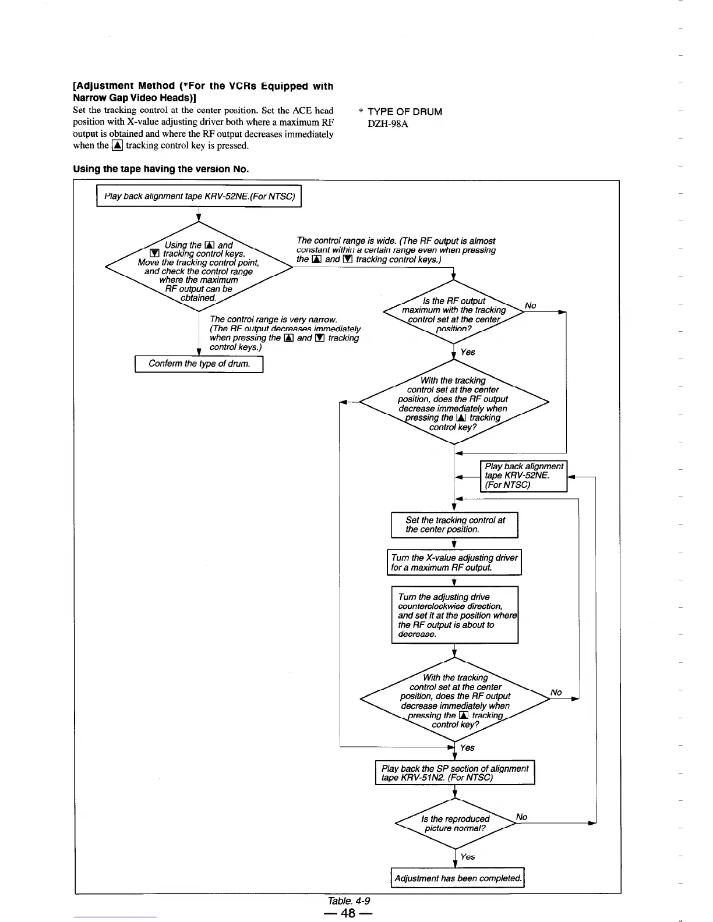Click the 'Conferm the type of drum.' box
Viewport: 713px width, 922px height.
click(199, 364)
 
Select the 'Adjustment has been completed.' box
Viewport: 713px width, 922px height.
click(458, 878)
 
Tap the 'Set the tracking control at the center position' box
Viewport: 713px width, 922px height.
click(454, 525)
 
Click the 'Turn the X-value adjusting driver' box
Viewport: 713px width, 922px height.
click(454, 562)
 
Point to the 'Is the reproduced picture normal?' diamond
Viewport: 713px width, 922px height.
click(454, 824)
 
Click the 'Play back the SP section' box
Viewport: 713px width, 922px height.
click(454, 773)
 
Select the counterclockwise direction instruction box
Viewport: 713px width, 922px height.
click(454, 615)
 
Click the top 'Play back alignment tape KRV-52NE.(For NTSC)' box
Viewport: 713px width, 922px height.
click(199, 196)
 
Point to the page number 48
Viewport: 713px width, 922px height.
click(348, 913)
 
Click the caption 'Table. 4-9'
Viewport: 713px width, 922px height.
click(349, 900)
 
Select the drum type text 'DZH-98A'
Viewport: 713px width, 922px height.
click(387, 124)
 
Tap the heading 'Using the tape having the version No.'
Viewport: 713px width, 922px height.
click(161, 169)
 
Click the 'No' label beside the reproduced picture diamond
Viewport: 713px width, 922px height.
click(521, 817)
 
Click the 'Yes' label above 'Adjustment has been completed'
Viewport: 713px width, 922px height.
click(467, 857)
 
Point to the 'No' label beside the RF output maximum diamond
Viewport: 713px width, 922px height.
click(530, 306)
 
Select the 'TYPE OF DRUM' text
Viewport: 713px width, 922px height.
click(405, 112)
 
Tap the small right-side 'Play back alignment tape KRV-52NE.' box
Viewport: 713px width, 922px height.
click(523, 476)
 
